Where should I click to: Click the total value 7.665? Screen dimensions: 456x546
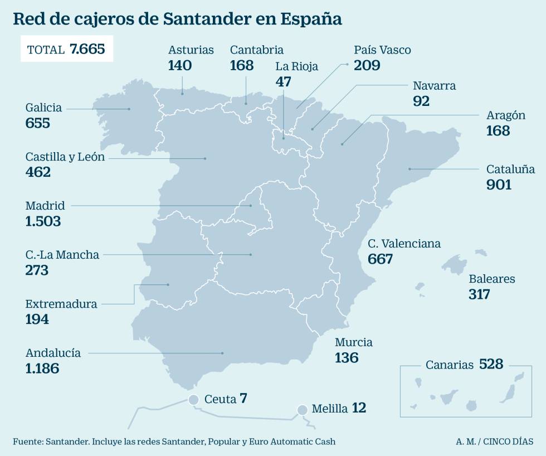coord(87,49)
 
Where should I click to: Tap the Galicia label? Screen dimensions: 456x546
coord(43,108)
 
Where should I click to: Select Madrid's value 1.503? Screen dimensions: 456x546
coord(43,221)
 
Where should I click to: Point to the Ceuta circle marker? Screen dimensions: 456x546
coord(193,400)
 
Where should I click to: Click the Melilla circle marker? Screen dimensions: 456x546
coord(302,410)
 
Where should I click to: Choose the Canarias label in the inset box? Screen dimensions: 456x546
coord(448,365)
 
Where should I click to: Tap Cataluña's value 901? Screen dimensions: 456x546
coord(499,185)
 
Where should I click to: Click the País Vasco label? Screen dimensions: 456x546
coord(382,50)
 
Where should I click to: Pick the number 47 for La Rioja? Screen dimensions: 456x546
coord(284,81)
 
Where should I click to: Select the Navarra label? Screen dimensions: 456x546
coord(434,86)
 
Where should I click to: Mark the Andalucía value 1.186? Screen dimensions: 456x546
coord(42,368)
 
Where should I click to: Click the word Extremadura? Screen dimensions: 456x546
coord(61,304)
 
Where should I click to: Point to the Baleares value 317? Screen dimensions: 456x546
coord(479,294)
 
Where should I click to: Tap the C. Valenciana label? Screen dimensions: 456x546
coord(404,244)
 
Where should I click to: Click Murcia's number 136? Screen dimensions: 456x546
coord(347,358)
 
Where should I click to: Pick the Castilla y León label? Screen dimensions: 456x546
coord(65,157)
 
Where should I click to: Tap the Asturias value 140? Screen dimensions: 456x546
coord(179,65)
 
